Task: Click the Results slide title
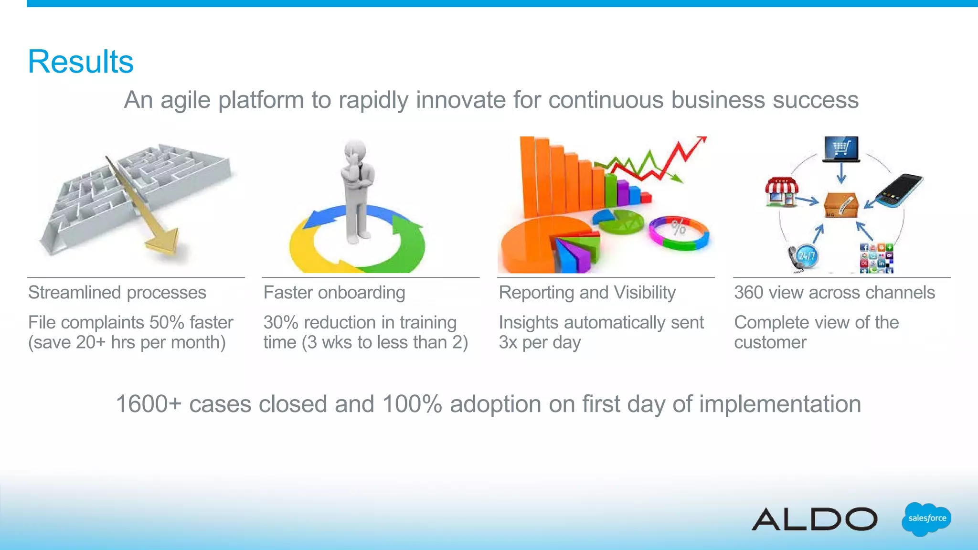[81, 62]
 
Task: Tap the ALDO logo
[815, 519]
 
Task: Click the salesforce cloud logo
[926, 518]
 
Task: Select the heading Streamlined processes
[117, 293]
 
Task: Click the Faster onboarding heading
[334, 293]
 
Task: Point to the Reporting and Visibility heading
[587, 293]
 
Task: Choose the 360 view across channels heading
[834, 293]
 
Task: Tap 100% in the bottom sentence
[412, 404]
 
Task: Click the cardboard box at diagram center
[840, 205]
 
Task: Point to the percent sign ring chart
[679, 233]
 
